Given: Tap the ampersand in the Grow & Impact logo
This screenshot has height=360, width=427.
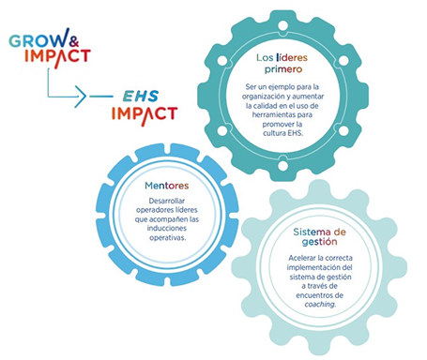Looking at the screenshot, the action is coord(74,41).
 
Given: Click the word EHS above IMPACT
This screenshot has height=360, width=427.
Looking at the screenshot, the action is coord(141,97).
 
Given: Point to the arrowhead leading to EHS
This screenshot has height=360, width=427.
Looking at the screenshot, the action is coord(81,97).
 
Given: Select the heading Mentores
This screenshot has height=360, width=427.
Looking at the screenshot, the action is coord(167,186).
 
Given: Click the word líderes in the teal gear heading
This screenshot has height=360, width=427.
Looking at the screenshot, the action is coord(292,57).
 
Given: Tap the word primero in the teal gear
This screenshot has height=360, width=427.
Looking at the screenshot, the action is coord(283,69).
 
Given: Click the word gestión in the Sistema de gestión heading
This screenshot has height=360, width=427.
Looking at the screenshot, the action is coord(319,242).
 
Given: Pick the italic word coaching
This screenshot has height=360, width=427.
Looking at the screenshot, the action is coord(320,304).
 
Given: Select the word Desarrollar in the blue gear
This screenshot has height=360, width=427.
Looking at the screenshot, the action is coord(167,201).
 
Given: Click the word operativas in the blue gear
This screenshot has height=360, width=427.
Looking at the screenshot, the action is coord(167,238).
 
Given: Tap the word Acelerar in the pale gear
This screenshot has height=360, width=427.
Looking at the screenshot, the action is coord(302,258).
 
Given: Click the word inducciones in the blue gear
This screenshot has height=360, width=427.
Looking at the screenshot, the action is coord(167,228).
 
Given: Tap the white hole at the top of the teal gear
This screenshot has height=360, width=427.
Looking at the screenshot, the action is coord(283,25).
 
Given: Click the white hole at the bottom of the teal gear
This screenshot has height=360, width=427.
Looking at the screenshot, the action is coord(282,166).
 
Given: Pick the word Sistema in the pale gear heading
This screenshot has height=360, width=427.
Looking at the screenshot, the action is coord(308,232).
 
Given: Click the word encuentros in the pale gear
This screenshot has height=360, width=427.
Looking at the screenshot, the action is coord(311,295).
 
